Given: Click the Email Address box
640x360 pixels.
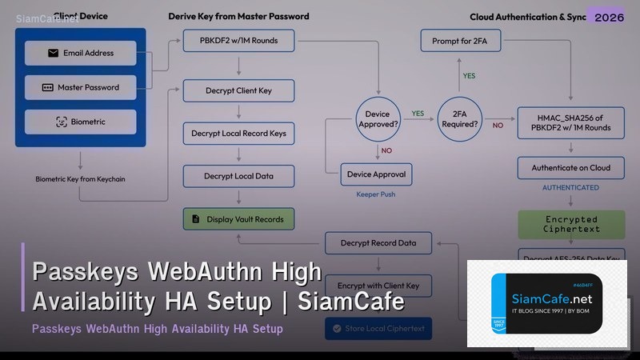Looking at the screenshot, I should coord(80,54).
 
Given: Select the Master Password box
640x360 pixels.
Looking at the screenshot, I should coord(80,87).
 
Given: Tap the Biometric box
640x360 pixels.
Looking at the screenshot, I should coord(80,122).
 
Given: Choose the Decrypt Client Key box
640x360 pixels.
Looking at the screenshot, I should coord(238,90).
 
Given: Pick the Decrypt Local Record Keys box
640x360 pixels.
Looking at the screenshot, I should coord(238,133).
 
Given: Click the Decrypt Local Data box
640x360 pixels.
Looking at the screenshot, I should coord(238,176).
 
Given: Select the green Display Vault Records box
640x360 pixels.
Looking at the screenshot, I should coord(238,218).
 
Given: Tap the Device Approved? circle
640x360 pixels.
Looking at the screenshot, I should coord(378,119).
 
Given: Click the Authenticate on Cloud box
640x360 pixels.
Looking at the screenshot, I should coord(571,168).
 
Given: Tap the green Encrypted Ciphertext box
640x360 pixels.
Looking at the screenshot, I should coord(571,224).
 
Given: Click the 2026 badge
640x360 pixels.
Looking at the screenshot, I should coord(606,17).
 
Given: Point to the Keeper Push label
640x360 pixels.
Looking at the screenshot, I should coord(377,194).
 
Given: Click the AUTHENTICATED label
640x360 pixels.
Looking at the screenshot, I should coord(570,188).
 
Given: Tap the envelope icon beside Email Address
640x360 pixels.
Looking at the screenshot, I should coord(53,54).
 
